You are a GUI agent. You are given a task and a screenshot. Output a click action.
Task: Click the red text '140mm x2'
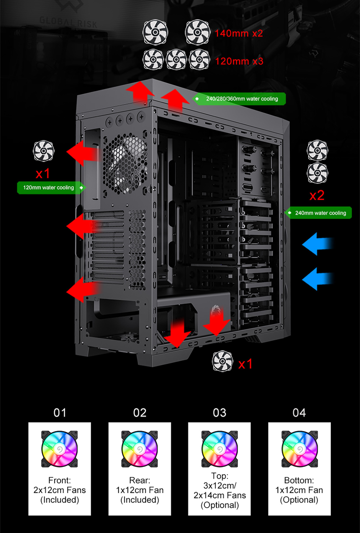(239, 33)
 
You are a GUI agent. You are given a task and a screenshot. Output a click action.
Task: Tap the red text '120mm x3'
(239, 61)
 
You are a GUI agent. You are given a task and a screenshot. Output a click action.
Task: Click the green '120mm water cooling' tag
(50, 188)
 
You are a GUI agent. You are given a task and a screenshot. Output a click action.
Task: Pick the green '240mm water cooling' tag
(319, 213)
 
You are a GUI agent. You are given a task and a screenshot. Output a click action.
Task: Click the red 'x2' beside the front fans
(317, 196)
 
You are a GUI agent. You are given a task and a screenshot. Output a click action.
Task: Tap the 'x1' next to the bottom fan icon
(245, 364)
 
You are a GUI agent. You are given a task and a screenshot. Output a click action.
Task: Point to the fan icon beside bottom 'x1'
(222, 361)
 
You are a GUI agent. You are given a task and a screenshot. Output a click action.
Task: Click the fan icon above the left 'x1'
(43, 151)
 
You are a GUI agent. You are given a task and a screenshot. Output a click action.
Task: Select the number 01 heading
(60, 413)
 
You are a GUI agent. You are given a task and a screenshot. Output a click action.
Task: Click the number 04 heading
(299, 413)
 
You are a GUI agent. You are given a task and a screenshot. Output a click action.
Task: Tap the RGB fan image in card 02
(140, 449)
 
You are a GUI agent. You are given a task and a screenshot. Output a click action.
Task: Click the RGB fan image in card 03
(219, 449)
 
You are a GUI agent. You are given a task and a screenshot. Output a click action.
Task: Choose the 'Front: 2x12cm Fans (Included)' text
(60, 490)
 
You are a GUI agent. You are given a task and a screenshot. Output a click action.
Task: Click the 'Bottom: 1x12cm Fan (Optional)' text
(299, 490)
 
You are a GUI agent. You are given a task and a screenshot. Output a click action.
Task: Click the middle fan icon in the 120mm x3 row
(176, 59)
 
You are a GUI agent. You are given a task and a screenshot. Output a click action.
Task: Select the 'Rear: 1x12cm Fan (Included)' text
(140, 490)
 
